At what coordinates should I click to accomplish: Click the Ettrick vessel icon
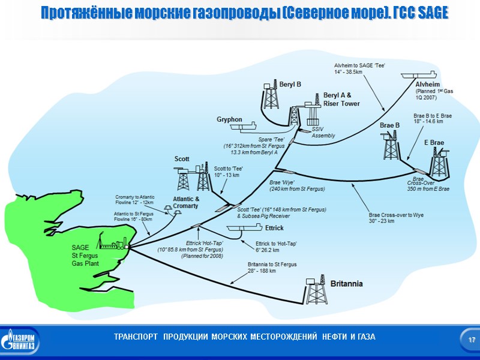point(245,229)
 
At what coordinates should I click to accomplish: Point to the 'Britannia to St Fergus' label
point(272,268)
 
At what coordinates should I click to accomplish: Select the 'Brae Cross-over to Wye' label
point(389,218)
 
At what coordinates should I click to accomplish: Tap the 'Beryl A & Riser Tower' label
point(341,99)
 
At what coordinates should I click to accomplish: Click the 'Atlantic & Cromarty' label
point(185,202)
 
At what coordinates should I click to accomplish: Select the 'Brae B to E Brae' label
point(433,118)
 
